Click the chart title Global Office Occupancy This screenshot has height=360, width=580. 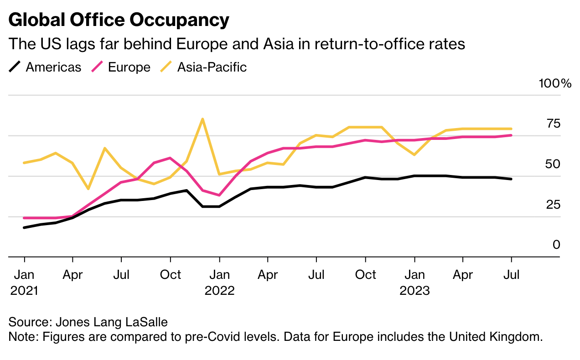pos(119,20)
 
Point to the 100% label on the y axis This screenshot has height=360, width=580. pos(554,83)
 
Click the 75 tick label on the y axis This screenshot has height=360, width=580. pos(553,123)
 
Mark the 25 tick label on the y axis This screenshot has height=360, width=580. pos(553,205)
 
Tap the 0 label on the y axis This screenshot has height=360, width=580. pos(556,245)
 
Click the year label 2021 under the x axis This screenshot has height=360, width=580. pos(24,290)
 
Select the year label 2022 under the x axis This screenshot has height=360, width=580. pos(219,290)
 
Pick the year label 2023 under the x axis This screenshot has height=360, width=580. pos(414,290)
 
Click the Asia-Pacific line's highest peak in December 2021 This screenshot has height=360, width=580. pos(202,119)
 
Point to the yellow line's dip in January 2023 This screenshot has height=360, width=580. pos(414,155)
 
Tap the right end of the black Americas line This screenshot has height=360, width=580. pos(511,179)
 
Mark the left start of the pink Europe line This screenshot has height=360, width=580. pos(24,218)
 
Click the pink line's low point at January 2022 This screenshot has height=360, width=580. pos(219,195)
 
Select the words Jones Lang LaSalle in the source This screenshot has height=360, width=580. pos(112,322)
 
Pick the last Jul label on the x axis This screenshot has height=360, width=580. pos(511,275)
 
